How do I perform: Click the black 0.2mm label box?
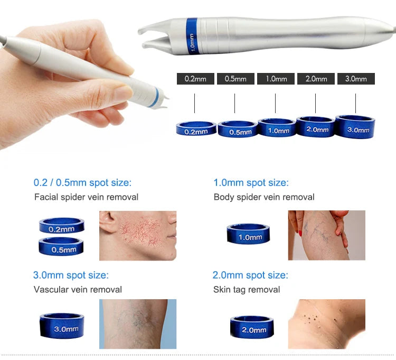(x=195, y=79)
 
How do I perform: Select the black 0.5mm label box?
(x=235, y=79)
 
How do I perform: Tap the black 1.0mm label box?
(x=276, y=79)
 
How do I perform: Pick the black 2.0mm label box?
(x=316, y=79)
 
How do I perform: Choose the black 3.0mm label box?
(x=356, y=79)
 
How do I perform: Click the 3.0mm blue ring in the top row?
(x=355, y=126)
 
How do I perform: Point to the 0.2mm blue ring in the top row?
(x=196, y=128)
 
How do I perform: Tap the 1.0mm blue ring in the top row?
(x=277, y=127)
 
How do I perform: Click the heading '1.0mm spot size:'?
(x=251, y=183)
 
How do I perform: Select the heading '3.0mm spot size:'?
(x=71, y=275)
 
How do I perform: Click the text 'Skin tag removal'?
(x=247, y=290)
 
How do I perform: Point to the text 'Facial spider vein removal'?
(x=86, y=197)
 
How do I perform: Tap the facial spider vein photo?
(x=138, y=236)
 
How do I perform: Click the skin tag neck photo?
(x=326, y=324)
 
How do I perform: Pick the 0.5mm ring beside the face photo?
(x=62, y=247)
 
